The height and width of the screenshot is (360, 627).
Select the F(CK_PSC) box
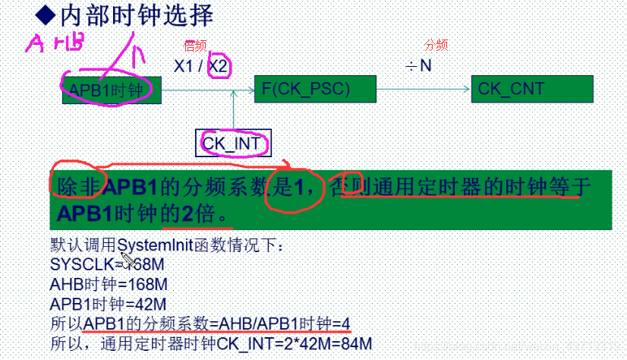click(315, 89)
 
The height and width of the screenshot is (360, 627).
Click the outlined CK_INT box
click(232, 142)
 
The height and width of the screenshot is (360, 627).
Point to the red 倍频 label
click(195, 46)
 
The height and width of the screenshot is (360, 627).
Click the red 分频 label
click(436, 46)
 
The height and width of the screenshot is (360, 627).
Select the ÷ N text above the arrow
click(417, 66)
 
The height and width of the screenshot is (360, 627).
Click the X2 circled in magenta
click(219, 67)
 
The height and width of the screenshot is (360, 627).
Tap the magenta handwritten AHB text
click(53, 44)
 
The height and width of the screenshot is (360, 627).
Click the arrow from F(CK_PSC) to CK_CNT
click(423, 89)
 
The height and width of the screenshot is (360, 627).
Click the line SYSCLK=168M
click(107, 265)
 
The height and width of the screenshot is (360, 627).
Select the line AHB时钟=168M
click(109, 285)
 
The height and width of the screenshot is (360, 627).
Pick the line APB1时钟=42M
click(109, 305)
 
